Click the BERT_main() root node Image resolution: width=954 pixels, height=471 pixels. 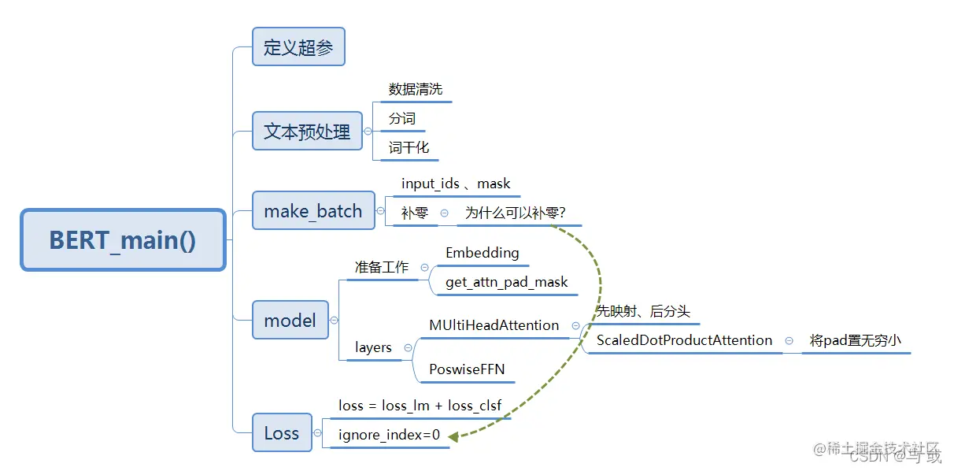(x=123, y=240)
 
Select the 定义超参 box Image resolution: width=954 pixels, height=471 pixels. (x=298, y=47)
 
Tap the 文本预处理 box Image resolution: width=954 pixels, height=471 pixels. (x=307, y=131)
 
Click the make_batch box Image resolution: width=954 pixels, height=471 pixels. (x=313, y=211)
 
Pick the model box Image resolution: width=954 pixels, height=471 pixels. (x=290, y=320)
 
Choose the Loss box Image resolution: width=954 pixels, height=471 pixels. (x=282, y=432)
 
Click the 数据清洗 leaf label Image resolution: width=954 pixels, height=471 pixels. (x=416, y=89)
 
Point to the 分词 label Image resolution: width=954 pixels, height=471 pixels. (x=401, y=119)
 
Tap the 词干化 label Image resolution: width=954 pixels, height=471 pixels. (x=409, y=148)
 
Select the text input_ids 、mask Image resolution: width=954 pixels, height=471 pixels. (x=456, y=184)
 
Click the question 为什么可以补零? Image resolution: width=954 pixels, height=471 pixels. (x=516, y=213)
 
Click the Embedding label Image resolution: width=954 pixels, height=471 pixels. (x=482, y=253)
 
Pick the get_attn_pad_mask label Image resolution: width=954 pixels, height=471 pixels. (x=506, y=282)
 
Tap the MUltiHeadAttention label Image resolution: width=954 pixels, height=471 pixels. (x=494, y=325)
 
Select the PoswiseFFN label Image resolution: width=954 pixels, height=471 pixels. (x=467, y=369)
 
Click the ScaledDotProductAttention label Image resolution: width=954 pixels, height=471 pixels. (x=684, y=340)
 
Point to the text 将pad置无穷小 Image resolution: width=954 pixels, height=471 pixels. (x=855, y=341)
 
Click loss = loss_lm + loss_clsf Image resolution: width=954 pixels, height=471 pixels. (x=420, y=406)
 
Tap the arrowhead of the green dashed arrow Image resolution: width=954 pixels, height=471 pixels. (x=454, y=435)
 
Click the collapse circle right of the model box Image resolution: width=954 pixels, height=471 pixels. (x=335, y=320)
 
